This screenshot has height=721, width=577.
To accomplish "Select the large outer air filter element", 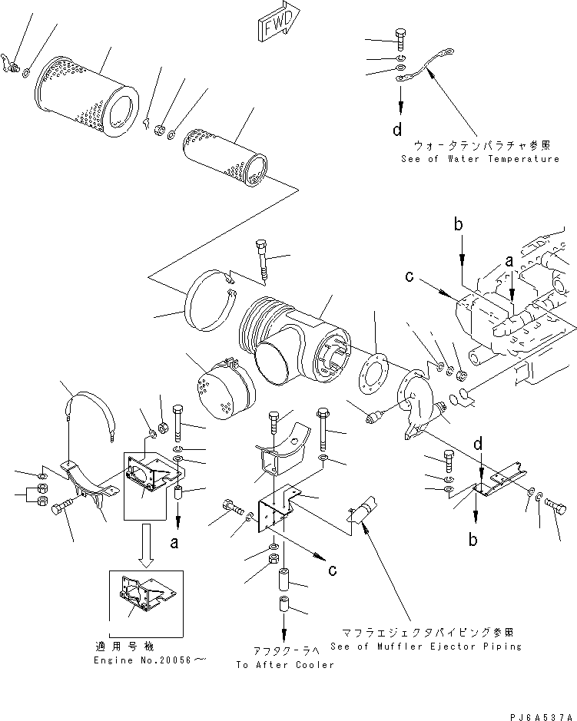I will (x=87, y=92).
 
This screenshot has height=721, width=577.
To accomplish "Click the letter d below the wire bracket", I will (x=397, y=130).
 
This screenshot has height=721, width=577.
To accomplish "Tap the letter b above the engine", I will (x=458, y=224).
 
